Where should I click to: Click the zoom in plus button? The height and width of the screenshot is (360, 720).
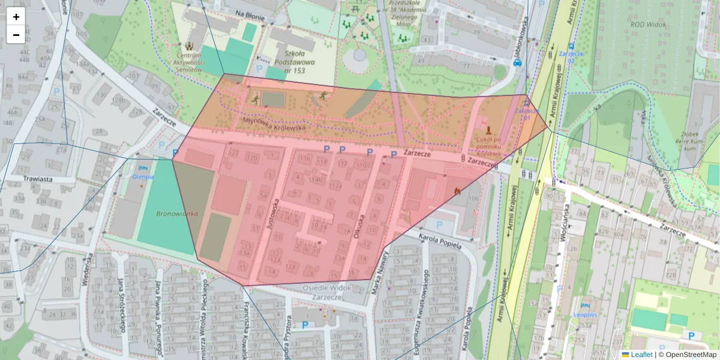point(16,17)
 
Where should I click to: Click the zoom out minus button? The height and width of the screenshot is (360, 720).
point(16,35)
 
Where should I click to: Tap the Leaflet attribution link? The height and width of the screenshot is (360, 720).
point(641,355)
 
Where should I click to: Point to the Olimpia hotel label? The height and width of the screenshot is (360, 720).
point(143,176)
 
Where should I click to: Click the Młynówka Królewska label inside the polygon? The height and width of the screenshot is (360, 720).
point(274,124)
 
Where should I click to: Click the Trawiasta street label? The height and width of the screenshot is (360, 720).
point(38,178)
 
